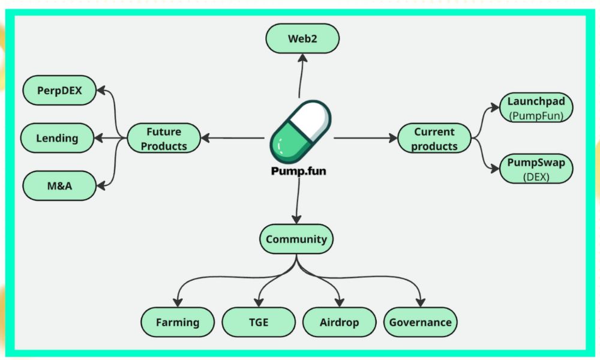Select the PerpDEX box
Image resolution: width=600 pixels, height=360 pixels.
(59, 91)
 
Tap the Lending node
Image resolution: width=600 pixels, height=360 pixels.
(58, 138)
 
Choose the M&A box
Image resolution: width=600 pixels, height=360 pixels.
(59, 185)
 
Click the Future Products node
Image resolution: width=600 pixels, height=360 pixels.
(164, 138)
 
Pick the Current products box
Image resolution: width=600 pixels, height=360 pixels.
(435, 138)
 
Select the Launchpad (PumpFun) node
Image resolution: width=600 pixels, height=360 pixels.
(536, 108)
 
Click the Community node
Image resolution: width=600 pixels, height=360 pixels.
(296, 239)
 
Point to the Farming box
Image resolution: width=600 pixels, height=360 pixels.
(178, 322)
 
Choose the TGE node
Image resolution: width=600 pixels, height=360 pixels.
(259, 322)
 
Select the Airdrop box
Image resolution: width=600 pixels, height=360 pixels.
(340, 322)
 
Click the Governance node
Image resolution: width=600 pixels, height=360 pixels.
(420, 322)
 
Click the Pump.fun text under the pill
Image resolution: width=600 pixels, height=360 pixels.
(299, 171)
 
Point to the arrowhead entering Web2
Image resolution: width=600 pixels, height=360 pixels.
(302, 58)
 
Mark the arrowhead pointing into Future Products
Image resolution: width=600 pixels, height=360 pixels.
(205, 138)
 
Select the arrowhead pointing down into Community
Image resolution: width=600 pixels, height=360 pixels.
(296, 220)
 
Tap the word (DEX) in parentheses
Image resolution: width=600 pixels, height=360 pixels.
(536, 177)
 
